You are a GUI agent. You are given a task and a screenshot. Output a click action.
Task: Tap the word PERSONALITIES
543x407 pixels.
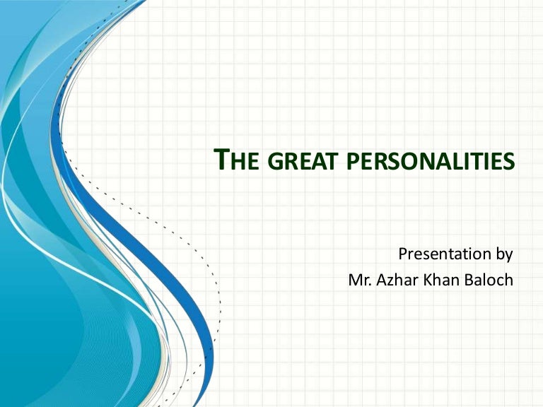[x=431, y=163]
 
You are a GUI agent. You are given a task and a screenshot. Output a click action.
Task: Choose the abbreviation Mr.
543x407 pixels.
[x=361, y=280]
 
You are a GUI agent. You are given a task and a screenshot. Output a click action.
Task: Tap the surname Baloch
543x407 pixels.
[x=491, y=280]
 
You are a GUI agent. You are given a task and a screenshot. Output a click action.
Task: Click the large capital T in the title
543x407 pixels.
[x=221, y=160]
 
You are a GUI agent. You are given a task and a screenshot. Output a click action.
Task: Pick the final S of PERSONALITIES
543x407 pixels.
[x=509, y=163]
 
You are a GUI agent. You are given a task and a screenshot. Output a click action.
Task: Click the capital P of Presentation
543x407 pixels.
[x=403, y=253]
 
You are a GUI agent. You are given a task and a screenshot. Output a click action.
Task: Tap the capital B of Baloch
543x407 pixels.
[x=473, y=280]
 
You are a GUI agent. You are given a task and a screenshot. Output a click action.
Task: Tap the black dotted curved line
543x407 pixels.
[x=212, y=269]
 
